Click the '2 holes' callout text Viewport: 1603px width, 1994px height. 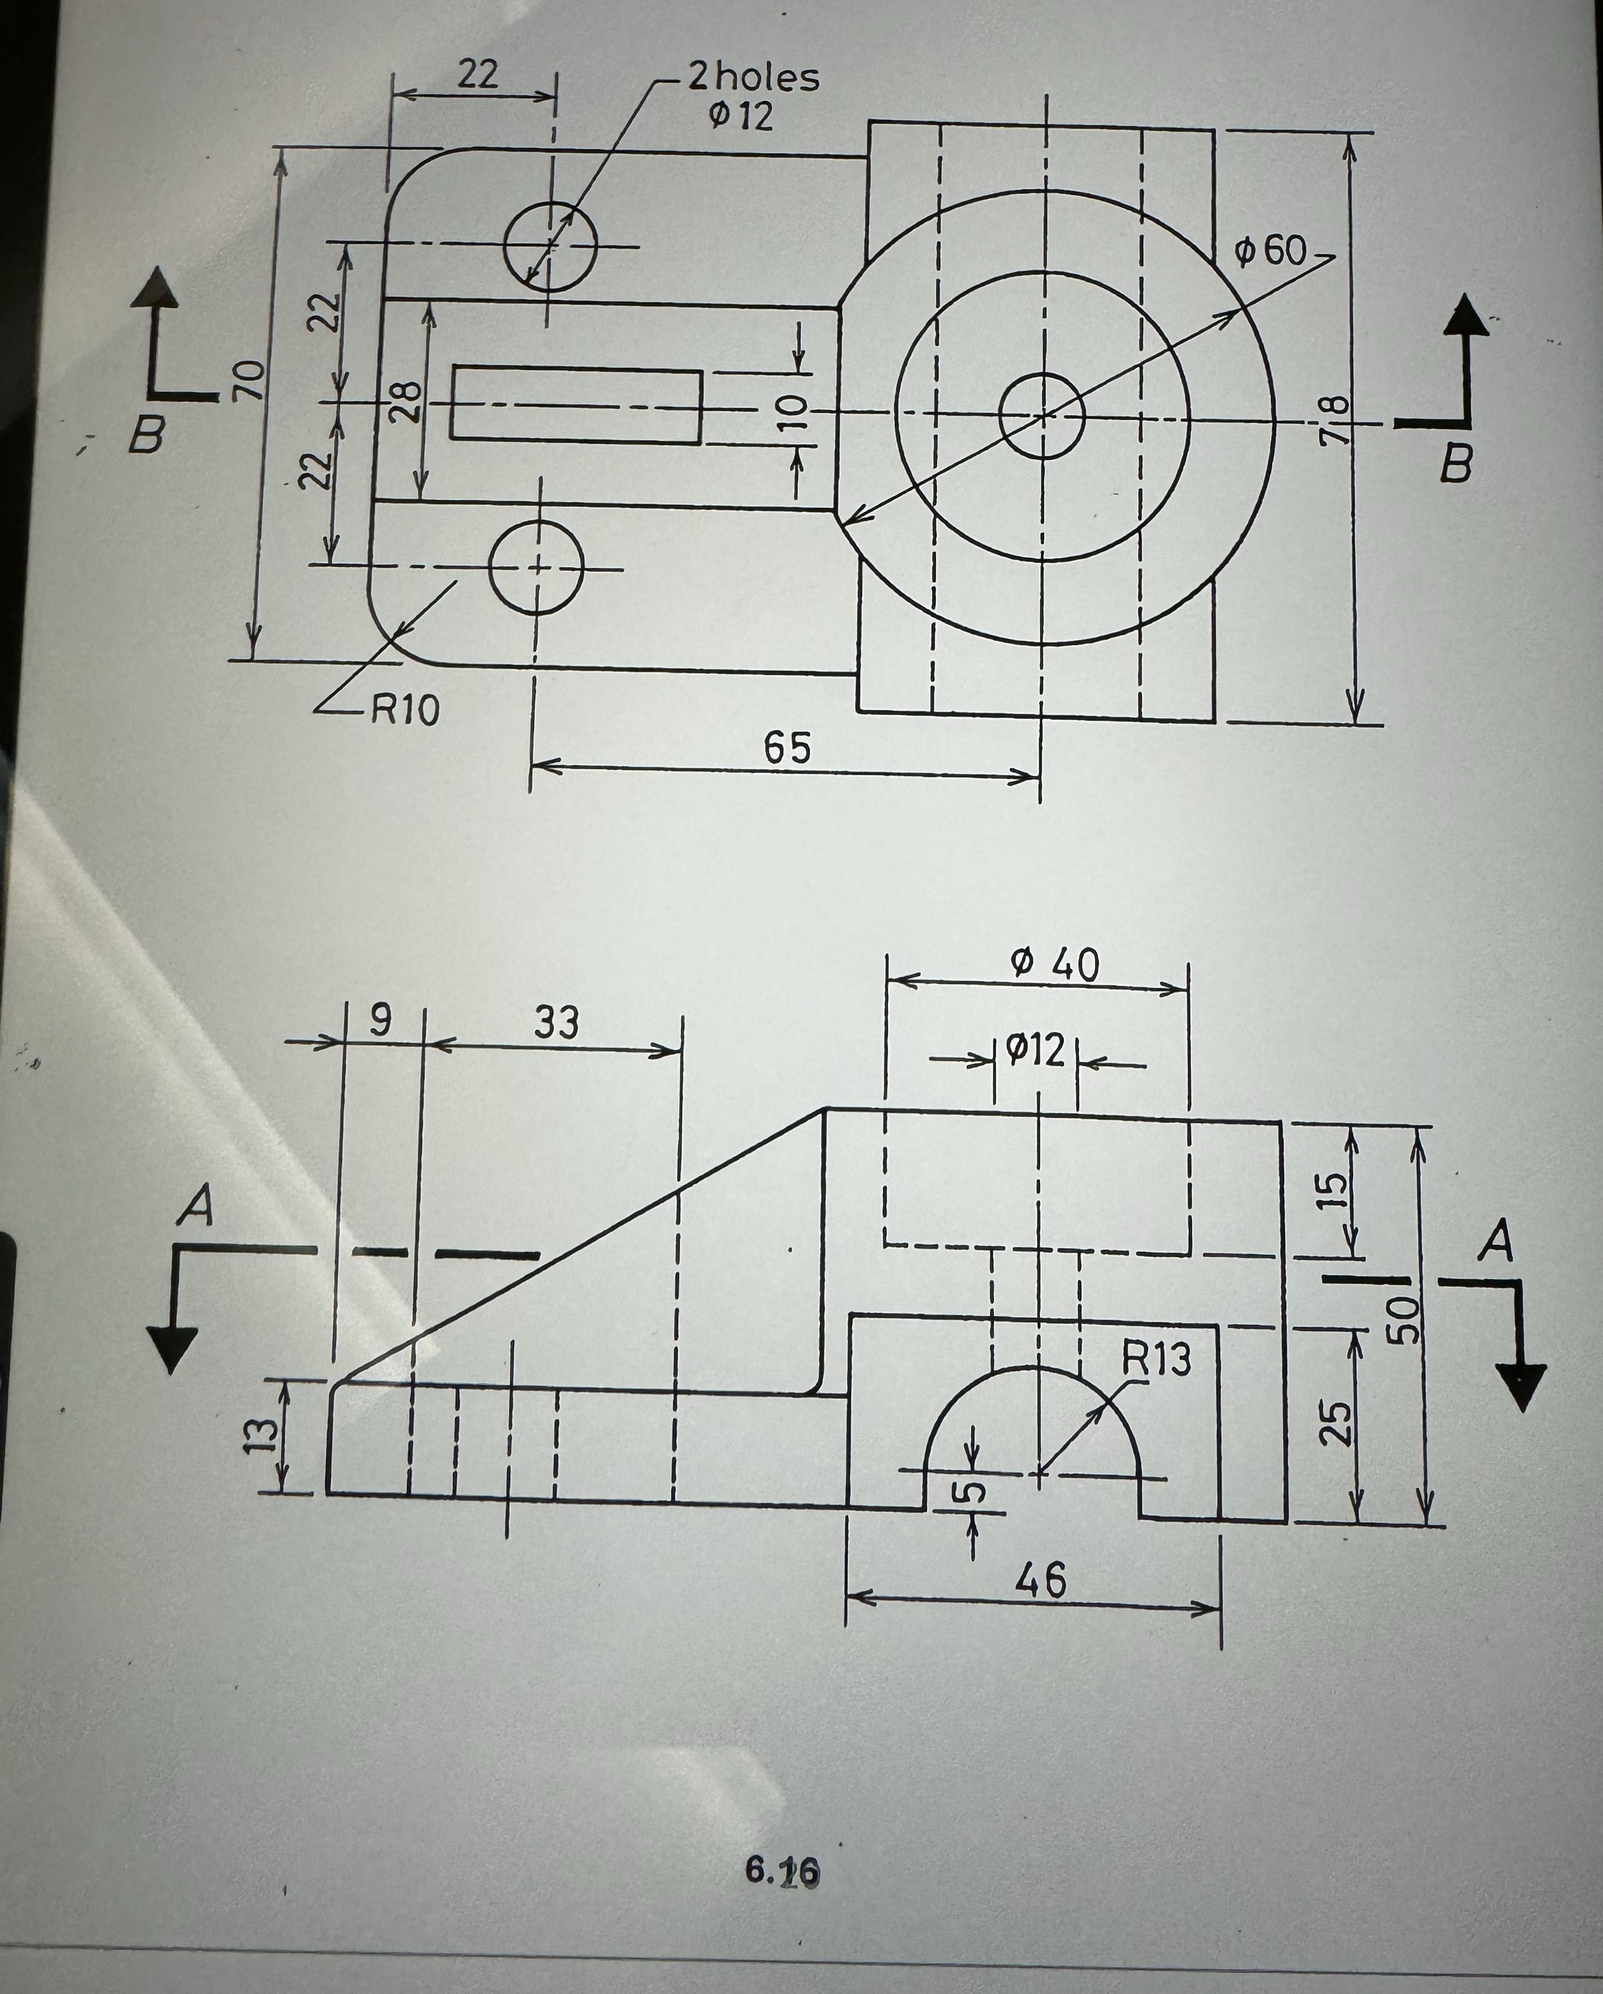tap(753, 78)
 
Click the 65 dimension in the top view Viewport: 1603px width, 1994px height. tap(787, 747)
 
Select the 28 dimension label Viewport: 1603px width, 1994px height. tap(404, 402)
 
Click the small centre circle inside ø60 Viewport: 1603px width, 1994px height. tap(1042, 415)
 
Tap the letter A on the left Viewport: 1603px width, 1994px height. tap(196, 1206)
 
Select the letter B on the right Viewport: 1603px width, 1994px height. tap(1455, 463)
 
